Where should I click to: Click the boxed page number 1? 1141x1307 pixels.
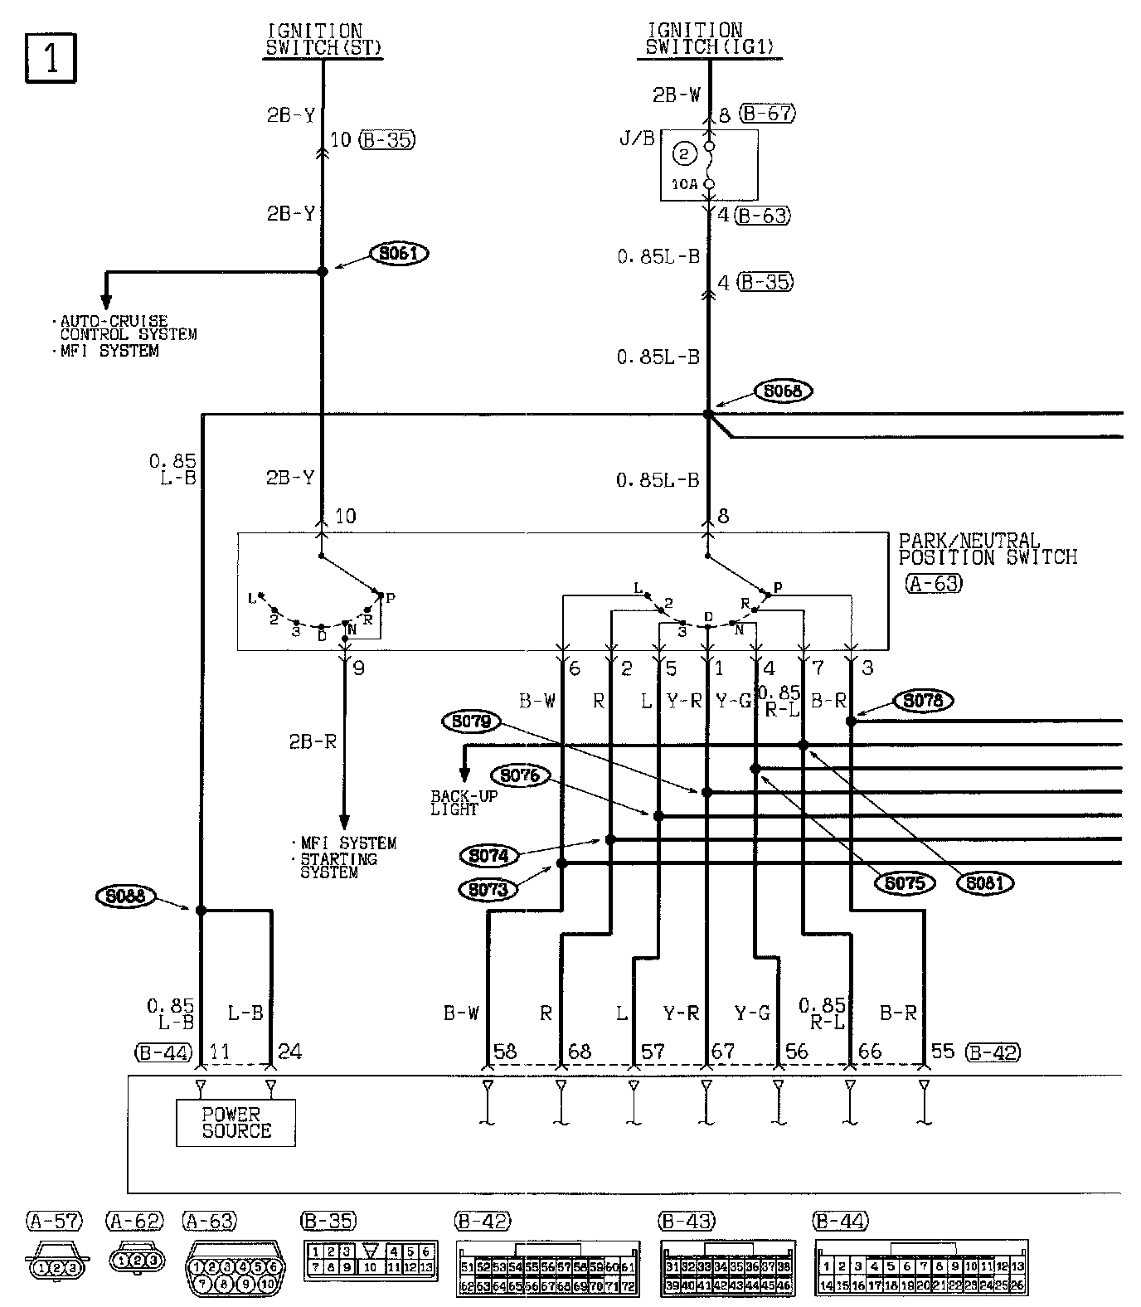click(51, 59)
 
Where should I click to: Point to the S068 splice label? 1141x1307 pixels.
click(783, 391)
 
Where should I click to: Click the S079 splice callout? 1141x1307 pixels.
click(472, 722)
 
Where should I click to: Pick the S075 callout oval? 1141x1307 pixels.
click(904, 883)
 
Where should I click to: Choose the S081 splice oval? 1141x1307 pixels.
click(984, 883)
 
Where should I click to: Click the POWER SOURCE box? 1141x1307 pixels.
click(235, 1123)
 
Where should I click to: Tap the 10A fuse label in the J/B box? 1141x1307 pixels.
click(684, 184)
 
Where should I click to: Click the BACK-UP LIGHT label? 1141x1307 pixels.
click(463, 803)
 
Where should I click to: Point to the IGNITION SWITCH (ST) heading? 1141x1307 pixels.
click(323, 40)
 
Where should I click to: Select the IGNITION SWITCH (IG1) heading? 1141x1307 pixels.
click(710, 40)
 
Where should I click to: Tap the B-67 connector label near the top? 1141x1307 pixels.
click(767, 114)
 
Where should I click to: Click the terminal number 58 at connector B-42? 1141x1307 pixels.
click(505, 1052)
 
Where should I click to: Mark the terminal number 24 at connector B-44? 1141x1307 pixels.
click(289, 1052)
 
